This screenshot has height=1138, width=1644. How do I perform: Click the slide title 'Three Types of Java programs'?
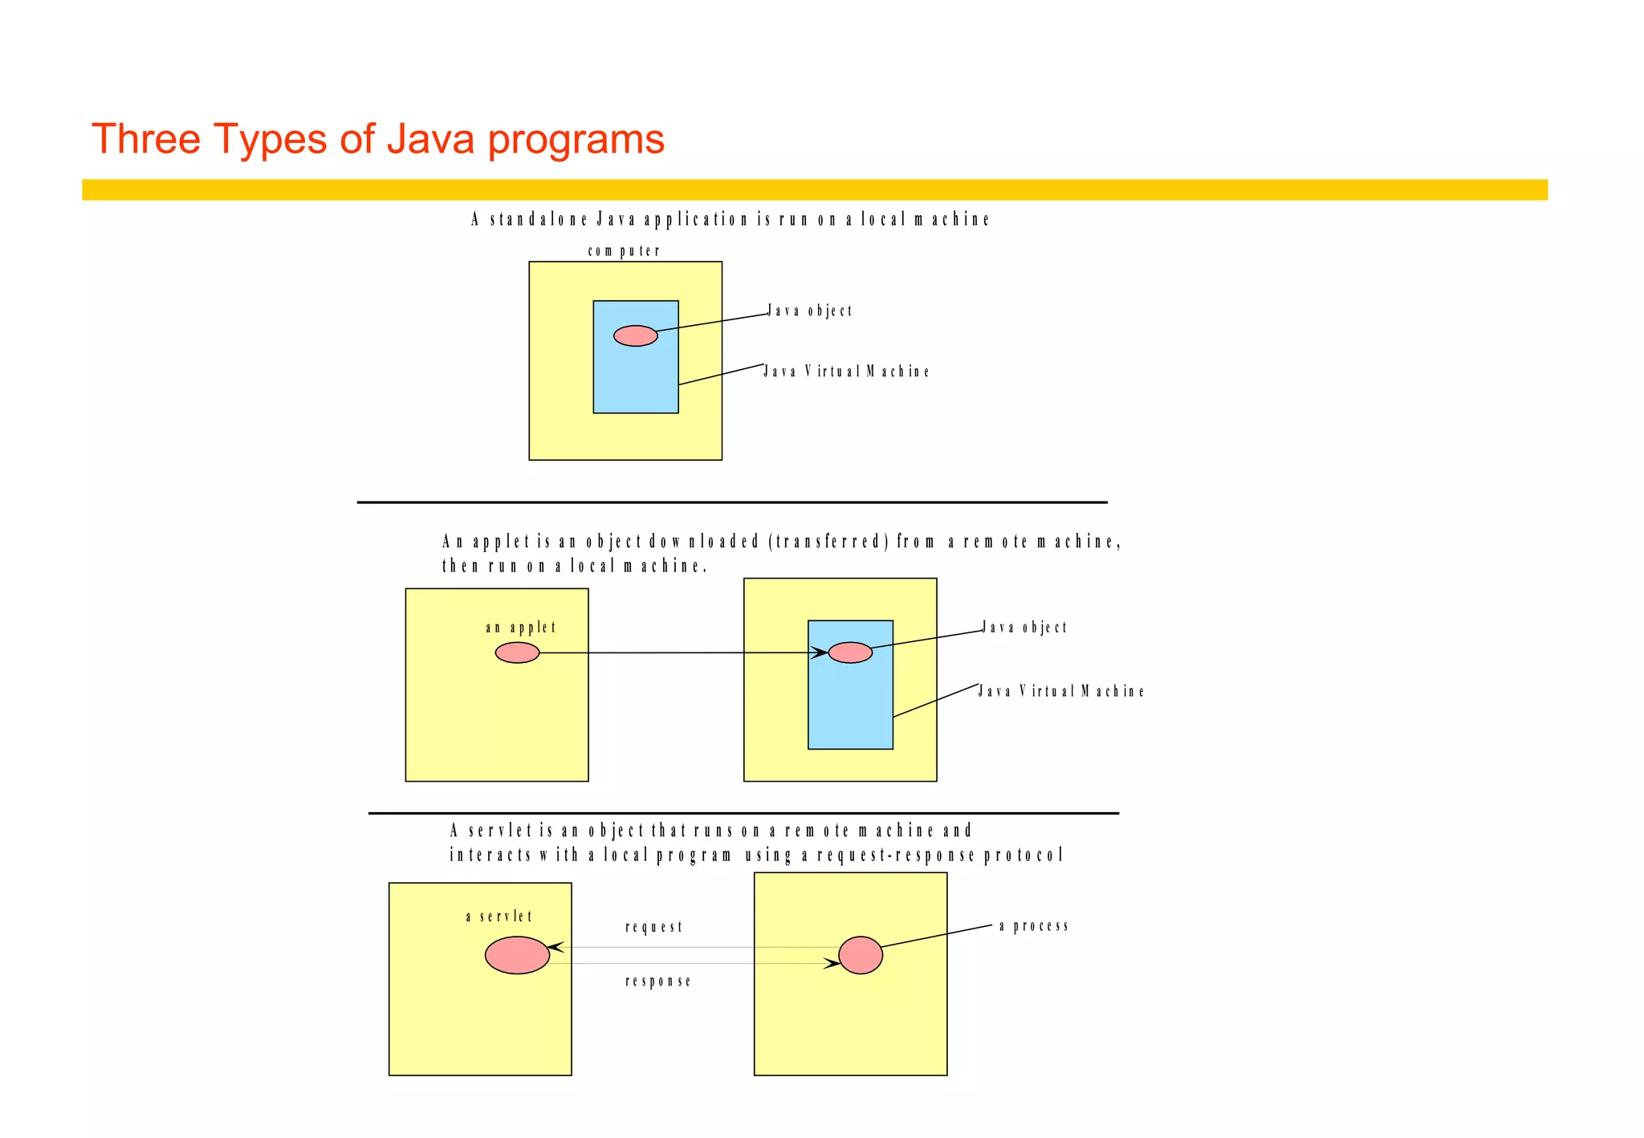pos(377,139)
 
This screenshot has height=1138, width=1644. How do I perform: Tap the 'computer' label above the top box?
pos(624,251)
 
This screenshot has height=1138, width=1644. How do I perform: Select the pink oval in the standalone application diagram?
pos(635,335)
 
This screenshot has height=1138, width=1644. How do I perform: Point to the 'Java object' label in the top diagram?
pos(810,311)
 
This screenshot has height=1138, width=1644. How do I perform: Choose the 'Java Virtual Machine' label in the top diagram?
pos(846,372)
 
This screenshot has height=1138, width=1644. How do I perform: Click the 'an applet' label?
pos(520,628)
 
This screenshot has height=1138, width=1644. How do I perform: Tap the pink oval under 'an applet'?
pos(517,653)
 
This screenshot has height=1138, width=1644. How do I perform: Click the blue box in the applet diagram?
pos(850,706)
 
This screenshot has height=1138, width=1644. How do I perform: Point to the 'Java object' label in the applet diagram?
pos(1025,628)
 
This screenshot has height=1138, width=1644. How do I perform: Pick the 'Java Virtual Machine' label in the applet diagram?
pos(1060,691)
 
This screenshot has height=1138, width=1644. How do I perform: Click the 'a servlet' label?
pos(498,916)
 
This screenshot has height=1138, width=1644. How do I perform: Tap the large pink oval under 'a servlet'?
pos(517,955)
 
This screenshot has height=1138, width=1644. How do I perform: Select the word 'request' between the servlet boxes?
pos(653,927)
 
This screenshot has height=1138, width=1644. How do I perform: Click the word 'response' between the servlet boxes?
pos(657,981)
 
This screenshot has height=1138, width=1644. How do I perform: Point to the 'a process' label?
pos(1034,926)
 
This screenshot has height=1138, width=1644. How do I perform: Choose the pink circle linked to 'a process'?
pos(861,955)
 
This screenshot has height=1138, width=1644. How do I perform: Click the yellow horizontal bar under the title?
pos(814,189)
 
